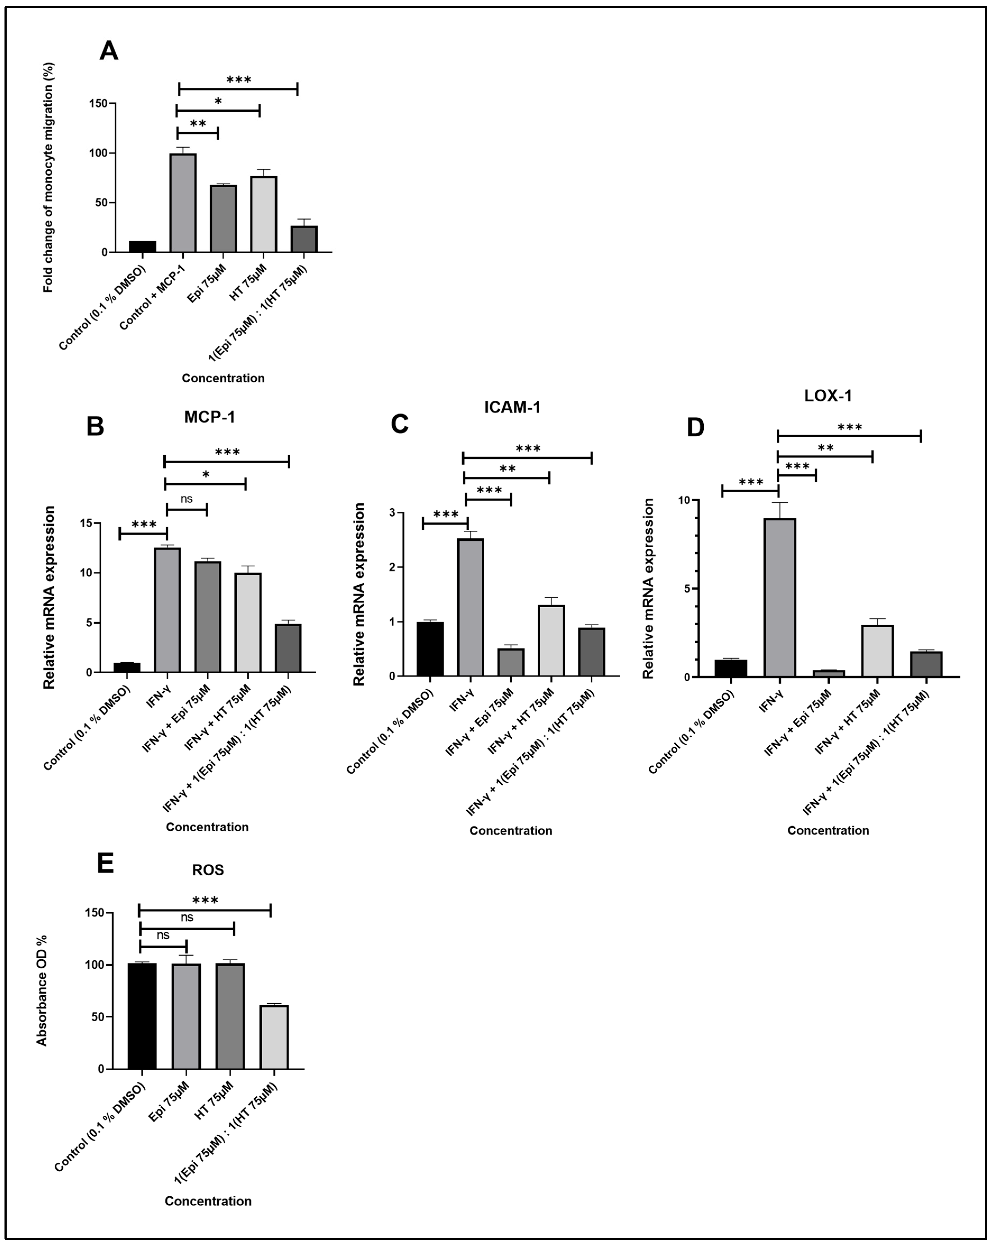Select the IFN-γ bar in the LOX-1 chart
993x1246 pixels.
(x=780, y=597)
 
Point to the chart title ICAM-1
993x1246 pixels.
(x=512, y=407)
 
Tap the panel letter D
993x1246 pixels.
(x=696, y=427)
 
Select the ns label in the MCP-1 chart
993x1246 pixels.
(x=186, y=499)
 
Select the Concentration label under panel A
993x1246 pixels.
(x=223, y=378)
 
